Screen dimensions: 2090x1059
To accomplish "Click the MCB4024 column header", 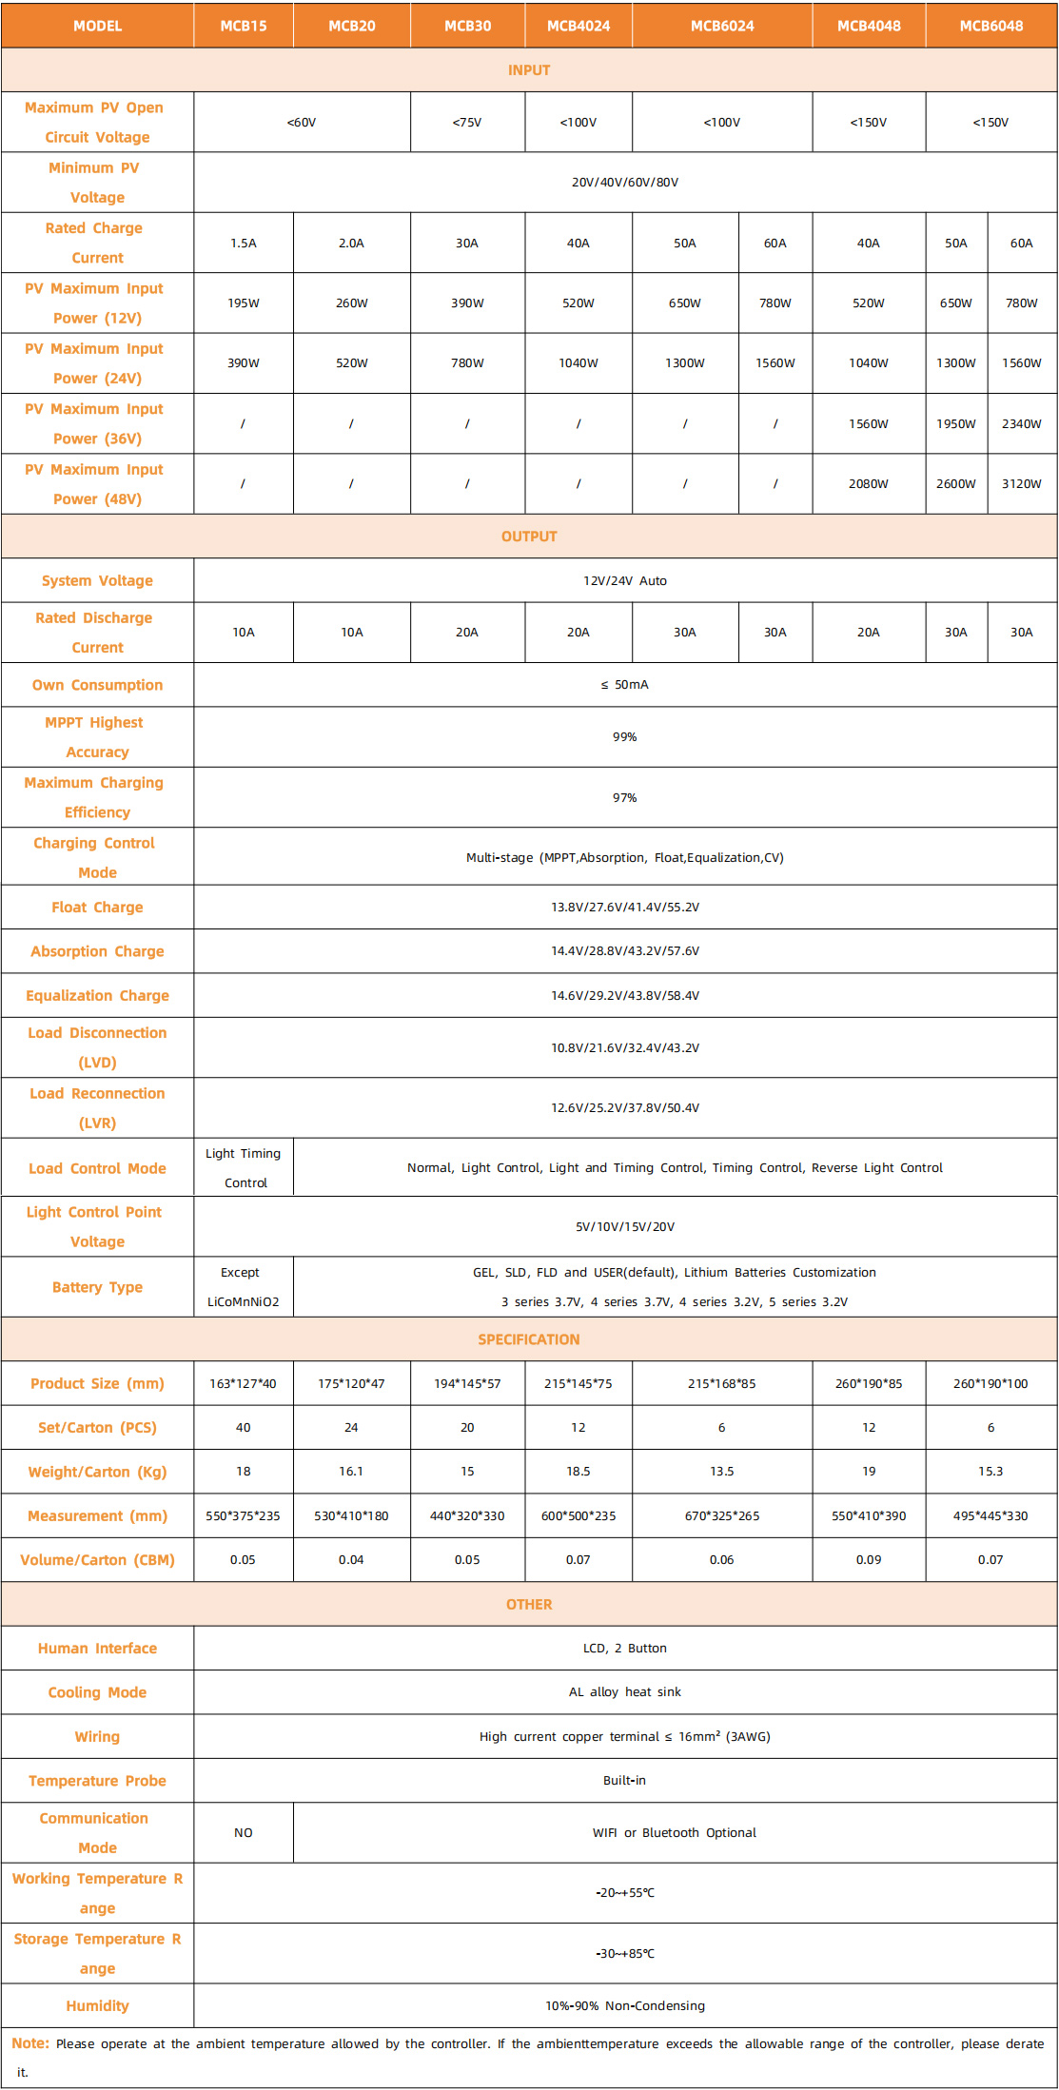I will tap(579, 26).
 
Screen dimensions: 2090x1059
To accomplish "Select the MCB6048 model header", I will tap(990, 26).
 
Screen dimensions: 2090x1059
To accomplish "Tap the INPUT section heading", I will tap(529, 70).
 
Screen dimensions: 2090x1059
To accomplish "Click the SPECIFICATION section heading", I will tap(529, 1339).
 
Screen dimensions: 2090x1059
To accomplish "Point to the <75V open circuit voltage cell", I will tap(467, 123).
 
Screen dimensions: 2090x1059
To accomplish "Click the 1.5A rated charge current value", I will tap(244, 244).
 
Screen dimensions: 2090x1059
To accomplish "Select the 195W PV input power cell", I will tap(244, 303).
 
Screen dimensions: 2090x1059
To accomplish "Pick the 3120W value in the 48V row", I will tap(1021, 484).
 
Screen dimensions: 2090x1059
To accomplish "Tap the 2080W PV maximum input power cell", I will tap(869, 484).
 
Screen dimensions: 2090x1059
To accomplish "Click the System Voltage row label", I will tap(97, 581).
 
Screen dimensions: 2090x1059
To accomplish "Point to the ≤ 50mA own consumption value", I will tap(625, 685).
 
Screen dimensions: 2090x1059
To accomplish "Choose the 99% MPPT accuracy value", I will tap(625, 737).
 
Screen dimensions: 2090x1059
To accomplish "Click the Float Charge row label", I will tap(97, 908).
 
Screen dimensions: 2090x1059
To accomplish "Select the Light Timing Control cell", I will tap(244, 1168).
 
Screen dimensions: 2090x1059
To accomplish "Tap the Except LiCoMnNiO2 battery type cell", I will tap(244, 1287).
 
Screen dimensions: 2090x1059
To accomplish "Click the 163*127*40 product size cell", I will tap(244, 1384).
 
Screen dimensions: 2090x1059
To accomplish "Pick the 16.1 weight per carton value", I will tap(351, 1472).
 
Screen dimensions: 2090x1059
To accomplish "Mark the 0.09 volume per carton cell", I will tap(869, 1560).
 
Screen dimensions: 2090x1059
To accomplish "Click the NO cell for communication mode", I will tap(244, 1833).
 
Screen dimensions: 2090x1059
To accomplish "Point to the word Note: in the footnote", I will tap(30, 2043).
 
